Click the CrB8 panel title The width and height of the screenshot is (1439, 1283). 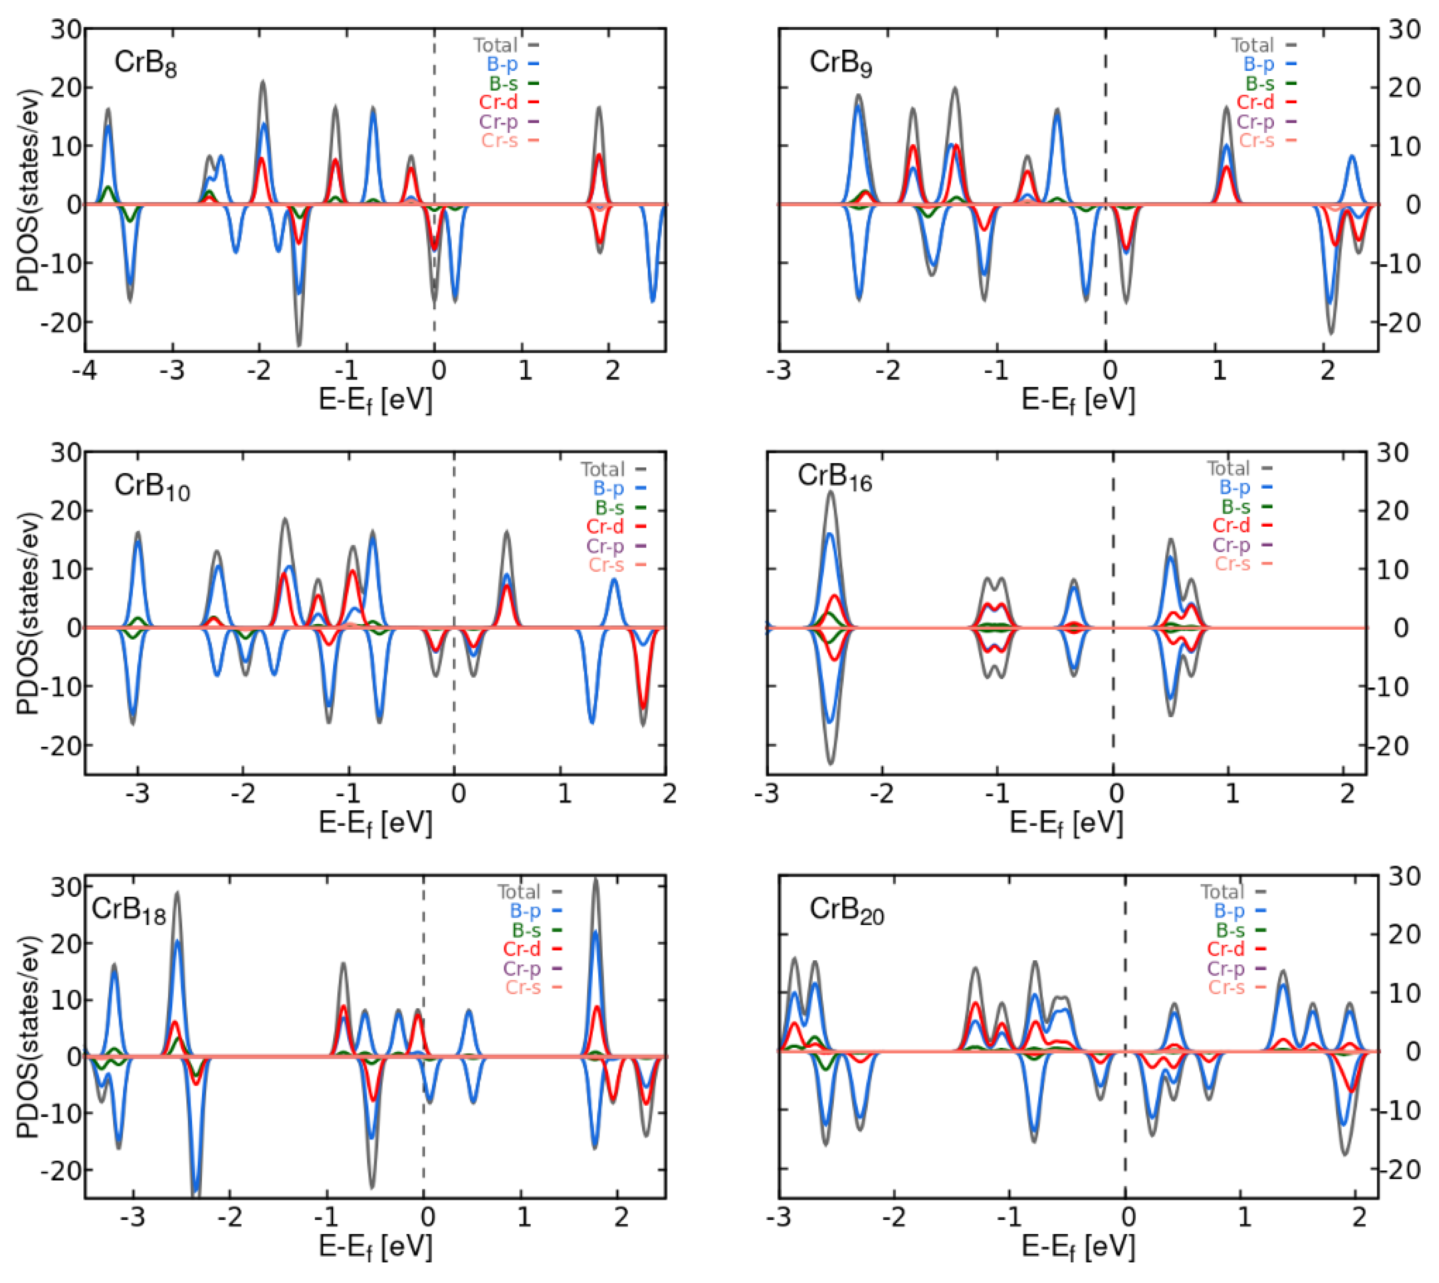click(145, 63)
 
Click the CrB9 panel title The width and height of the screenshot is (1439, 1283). click(840, 63)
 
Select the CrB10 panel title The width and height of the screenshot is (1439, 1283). click(151, 486)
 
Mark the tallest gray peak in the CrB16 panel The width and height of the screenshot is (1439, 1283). click(831, 491)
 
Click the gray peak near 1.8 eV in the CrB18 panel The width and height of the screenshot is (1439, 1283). click(595, 879)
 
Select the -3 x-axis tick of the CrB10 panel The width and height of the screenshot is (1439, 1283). click(137, 794)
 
